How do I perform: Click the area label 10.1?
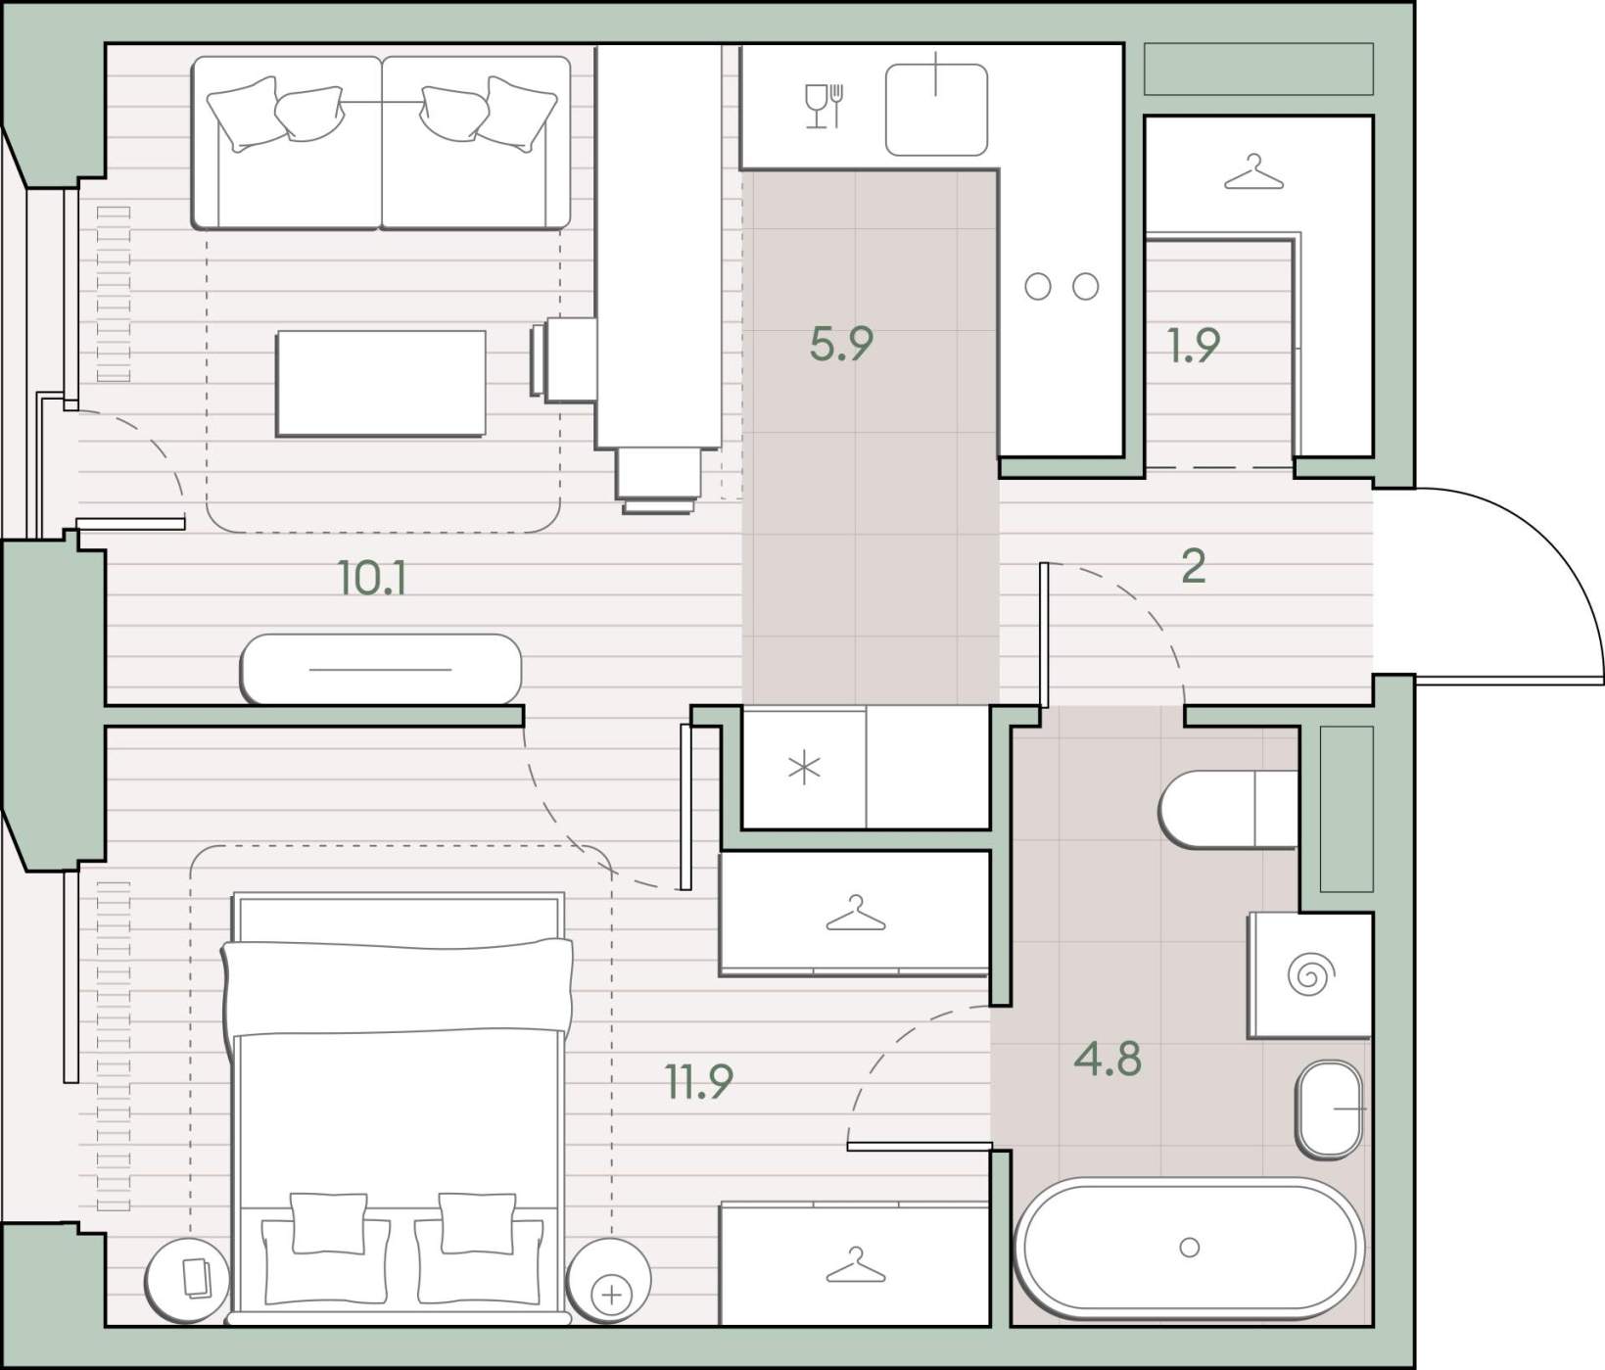(x=372, y=579)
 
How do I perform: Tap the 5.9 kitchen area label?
(x=841, y=344)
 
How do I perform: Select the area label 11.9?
(x=699, y=1082)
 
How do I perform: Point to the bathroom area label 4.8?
(x=1108, y=1060)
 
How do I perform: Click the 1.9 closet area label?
(x=1194, y=345)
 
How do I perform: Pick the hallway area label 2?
(x=1193, y=566)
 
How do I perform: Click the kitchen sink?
(x=936, y=110)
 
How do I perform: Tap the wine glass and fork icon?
(x=824, y=106)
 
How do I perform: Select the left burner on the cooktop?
(x=1038, y=287)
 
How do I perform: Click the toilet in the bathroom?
(x=1228, y=809)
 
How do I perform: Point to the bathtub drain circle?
(x=1190, y=1248)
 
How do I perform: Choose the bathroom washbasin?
(x=1331, y=1110)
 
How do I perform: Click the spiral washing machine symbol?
(x=1310, y=975)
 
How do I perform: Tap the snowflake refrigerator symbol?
(x=804, y=769)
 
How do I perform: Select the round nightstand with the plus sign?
(x=609, y=1280)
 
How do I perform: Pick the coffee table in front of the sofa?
(x=381, y=384)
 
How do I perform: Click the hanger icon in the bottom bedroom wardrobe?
(x=855, y=1265)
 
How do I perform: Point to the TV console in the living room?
(x=381, y=670)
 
